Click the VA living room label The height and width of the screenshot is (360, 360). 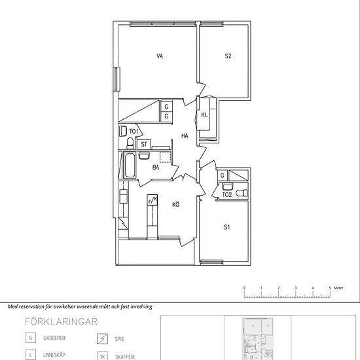pos(160,56)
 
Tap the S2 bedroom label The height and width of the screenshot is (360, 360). pos(228,56)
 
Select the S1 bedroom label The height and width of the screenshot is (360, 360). pos(227,228)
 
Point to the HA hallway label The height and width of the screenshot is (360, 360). pos(185,136)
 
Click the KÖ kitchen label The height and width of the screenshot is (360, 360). pos(175,205)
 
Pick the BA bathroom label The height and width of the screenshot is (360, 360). pos(156,168)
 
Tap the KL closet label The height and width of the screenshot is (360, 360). pos(204,115)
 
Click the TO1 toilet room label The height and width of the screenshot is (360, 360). pos(133,132)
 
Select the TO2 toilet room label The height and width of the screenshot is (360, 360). pos(227,194)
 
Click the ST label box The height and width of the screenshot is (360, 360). pos(144,144)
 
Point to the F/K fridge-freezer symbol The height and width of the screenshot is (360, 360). pos(153,201)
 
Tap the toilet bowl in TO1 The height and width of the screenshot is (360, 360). pos(130,143)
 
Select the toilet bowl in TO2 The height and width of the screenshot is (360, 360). pos(242,192)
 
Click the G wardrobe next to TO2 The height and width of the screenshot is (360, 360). pos(223,175)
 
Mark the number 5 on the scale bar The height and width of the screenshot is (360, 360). pos(329,288)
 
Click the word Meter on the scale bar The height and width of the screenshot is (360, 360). pos(338,288)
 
